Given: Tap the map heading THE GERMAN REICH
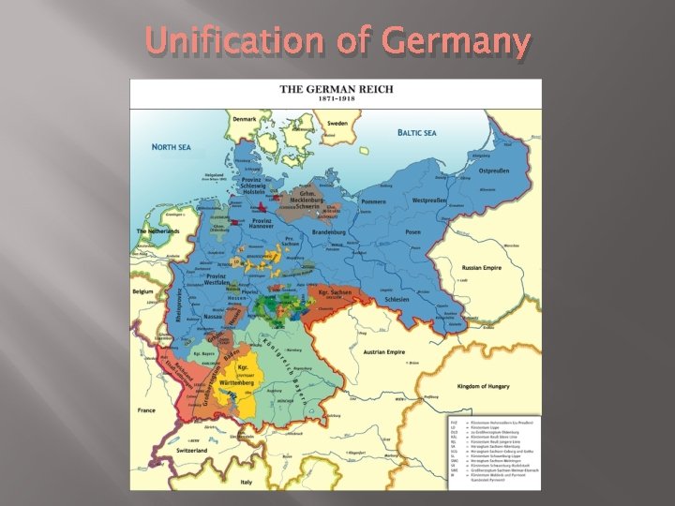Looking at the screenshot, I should tap(336, 90).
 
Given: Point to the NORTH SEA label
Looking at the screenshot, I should tap(172, 147).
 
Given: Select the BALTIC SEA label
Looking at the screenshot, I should tap(417, 133).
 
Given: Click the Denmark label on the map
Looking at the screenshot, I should tap(244, 119).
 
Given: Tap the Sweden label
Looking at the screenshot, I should tap(337, 123).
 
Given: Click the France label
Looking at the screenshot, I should tap(146, 410).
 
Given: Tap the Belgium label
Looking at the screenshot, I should tap(142, 291).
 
